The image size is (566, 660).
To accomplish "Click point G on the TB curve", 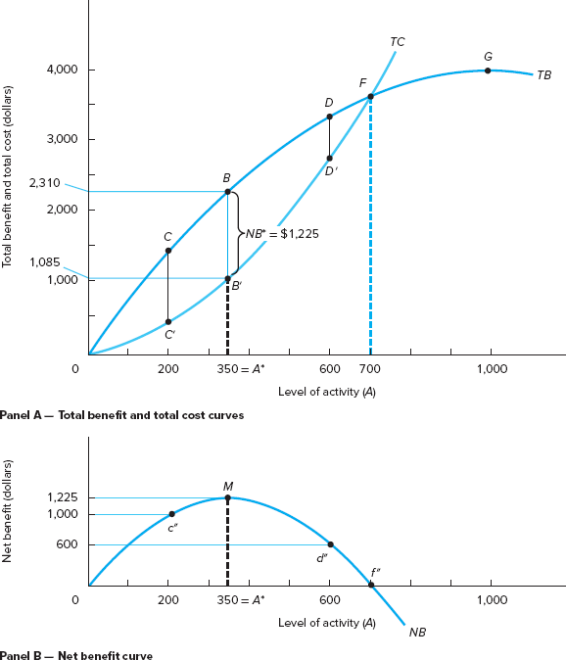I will click(x=488, y=71).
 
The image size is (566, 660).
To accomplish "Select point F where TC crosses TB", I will click(x=370, y=96).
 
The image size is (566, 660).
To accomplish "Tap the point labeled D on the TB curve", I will click(x=329, y=117).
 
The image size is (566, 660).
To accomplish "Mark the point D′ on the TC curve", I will click(x=329, y=159).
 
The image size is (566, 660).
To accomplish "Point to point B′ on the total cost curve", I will click(x=228, y=279).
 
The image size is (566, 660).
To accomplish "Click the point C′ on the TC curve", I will click(x=167, y=321).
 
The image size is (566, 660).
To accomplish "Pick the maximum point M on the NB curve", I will click(x=228, y=497).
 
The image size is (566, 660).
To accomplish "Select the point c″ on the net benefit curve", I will click(x=171, y=514).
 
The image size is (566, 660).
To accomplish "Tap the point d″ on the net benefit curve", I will click(x=329, y=544).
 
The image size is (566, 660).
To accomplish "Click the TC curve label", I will click(x=397, y=42).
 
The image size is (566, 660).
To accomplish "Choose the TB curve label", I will click(x=543, y=74).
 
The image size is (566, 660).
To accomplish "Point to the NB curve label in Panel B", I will click(x=418, y=632).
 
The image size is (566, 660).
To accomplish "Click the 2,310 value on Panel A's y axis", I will click(x=46, y=182).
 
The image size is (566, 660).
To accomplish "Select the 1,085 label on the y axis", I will click(x=46, y=261).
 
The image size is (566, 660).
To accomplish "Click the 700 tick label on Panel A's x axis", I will click(x=370, y=369).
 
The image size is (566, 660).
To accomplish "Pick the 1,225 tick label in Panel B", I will click(x=62, y=497).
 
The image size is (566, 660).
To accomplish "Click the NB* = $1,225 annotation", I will click(x=283, y=234).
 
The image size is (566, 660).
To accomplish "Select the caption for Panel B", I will click(x=76, y=655).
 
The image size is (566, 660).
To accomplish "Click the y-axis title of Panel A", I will click(x=8, y=176).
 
